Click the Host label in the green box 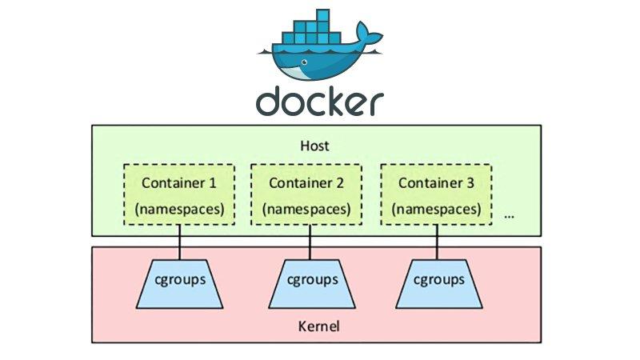coord(314,147)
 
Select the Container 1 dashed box coord(179,195)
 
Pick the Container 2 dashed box coord(306,195)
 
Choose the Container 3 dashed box coord(436,195)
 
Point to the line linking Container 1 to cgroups coord(179,242)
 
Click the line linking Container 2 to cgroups coord(308,242)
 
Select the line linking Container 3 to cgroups coord(438,242)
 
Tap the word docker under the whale coord(319,102)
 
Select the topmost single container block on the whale coord(322,15)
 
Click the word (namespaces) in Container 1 coord(179,210)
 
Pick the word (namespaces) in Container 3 coord(436,210)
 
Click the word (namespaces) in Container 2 coord(306,210)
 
